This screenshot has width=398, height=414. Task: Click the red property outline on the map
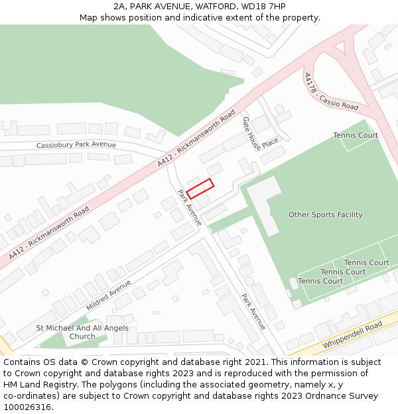[x=200, y=189]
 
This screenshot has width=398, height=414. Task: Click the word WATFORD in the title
[x=216, y=7]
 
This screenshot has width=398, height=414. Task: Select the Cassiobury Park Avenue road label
[x=76, y=145]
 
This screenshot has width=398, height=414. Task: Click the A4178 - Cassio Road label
[x=330, y=92]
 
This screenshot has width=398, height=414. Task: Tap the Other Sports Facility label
[x=325, y=215]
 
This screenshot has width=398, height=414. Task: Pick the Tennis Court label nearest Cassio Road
[x=356, y=135]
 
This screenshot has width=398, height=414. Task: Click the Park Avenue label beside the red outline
[x=190, y=207]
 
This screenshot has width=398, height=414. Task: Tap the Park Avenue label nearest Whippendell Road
[x=253, y=311]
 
